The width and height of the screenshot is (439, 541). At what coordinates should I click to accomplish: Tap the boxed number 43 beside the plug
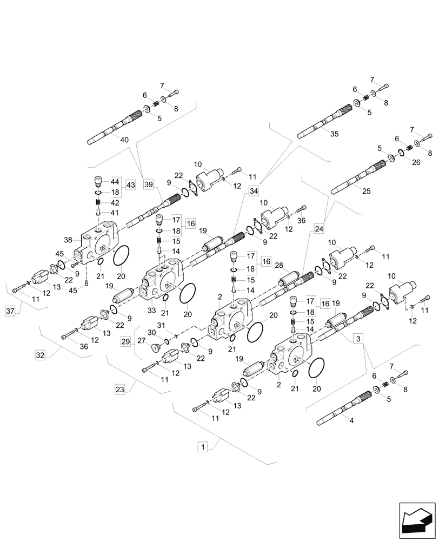click(x=130, y=185)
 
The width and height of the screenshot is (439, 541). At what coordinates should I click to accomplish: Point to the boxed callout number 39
click(x=149, y=184)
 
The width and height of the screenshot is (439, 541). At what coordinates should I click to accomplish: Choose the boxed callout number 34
click(x=254, y=190)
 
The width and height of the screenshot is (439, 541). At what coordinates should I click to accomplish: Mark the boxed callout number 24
click(x=318, y=228)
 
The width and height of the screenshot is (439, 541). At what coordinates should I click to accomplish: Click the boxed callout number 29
click(x=125, y=342)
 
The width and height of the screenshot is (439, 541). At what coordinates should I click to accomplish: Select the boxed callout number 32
click(x=40, y=355)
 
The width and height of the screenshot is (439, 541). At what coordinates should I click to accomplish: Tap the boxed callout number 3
click(x=357, y=339)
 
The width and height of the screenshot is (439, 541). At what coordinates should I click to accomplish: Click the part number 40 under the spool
click(x=125, y=140)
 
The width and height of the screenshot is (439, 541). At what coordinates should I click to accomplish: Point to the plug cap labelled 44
click(x=99, y=181)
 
